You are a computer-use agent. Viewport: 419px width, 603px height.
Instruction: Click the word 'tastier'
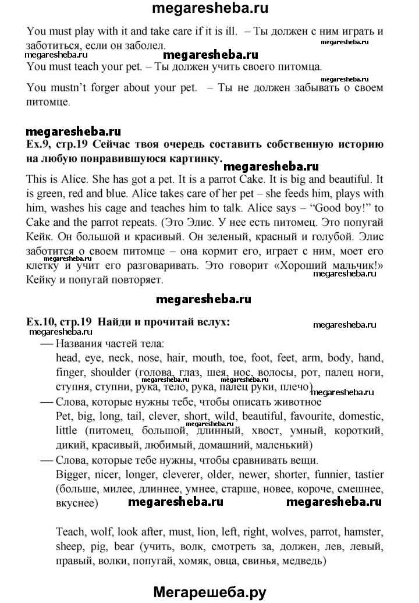pyautogui.click(x=367, y=458)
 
